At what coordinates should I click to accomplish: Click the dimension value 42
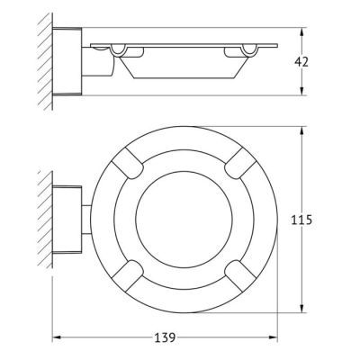coord(301,62)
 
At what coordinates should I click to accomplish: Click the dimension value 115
coord(301,220)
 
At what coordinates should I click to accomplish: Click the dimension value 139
coord(165,337)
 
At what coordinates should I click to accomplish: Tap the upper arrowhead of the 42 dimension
coord(302,32)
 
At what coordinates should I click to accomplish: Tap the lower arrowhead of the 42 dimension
coord(302,91)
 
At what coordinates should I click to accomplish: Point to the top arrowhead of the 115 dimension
coord(302,131)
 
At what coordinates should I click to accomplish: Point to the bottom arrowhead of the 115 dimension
coord(302,308)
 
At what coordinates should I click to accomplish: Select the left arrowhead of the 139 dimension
coord(57,337)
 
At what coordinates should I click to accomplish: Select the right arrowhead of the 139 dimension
coord(273,337)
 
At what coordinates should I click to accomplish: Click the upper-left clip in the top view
coord(128,163)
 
